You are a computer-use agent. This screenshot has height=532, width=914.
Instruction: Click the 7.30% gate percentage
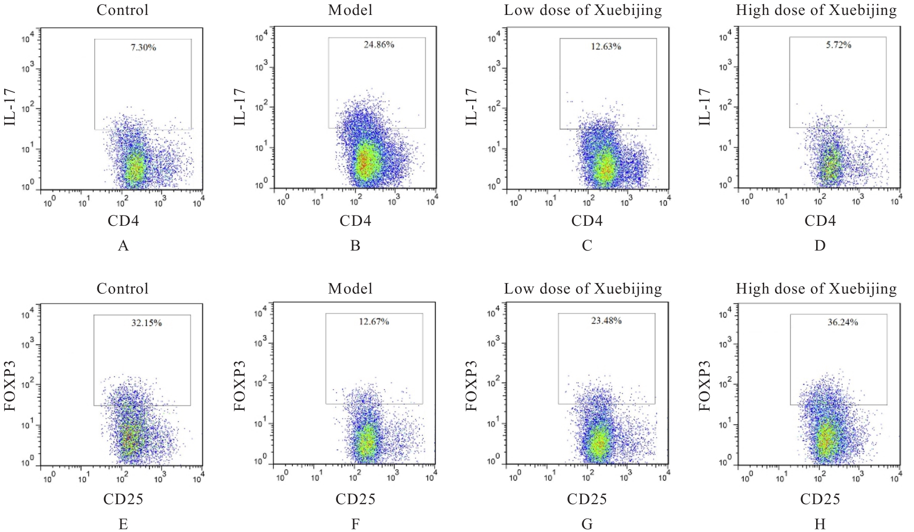click(x=143, y=47)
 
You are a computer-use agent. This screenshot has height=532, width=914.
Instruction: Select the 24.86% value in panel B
click(x=379, y=45)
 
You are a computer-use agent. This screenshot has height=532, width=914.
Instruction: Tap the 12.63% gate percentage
click(x=606, y=46)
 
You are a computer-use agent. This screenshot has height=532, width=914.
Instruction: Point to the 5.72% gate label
click(x=838, y=45)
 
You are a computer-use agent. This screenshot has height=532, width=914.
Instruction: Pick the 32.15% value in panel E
click(x=147, y=323)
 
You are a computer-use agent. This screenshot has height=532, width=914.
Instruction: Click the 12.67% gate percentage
click(x=374, y=322)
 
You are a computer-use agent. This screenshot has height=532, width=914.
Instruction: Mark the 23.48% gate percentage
click(x=607, y=321)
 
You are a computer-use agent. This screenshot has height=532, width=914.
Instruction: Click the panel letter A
click(x=123, y=246)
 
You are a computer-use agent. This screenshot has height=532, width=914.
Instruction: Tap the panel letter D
click(x=820, y=246)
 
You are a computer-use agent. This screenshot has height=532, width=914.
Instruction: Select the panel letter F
click(x=355, y=524)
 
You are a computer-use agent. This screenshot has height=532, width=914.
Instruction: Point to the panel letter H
click(x=820, y=524)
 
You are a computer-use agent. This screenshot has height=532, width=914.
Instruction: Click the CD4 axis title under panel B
click(x=355, y=221)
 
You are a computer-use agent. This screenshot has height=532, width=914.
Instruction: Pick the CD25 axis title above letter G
click(x=587, y=499)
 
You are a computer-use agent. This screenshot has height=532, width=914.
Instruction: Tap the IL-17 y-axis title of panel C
click(x=471, y=107)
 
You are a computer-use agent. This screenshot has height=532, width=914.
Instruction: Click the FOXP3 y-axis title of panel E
click(x=10, y=386)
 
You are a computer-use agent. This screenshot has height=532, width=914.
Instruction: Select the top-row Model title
click(x=350, y=10)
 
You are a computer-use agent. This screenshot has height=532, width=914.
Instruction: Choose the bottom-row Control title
click(x=123, y=289)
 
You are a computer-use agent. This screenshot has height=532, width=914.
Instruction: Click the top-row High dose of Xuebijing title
click(x=816, y=10)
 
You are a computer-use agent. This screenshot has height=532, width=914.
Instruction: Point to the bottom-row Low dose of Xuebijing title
click(x=583, y=289)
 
